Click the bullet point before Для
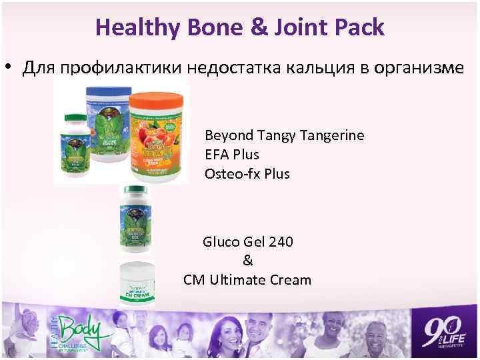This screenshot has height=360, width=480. (x=10, y=69)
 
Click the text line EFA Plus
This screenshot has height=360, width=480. (x=232, y=155)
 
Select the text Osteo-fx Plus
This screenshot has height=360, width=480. (x=247, y=173)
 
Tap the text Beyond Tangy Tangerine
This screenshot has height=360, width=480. (x=285, y=136)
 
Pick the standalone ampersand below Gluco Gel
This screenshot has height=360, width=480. (x=248, y=260)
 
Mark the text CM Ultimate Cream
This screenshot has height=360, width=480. (x=247, y=280)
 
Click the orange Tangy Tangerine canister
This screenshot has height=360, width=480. (x=155, y=137)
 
